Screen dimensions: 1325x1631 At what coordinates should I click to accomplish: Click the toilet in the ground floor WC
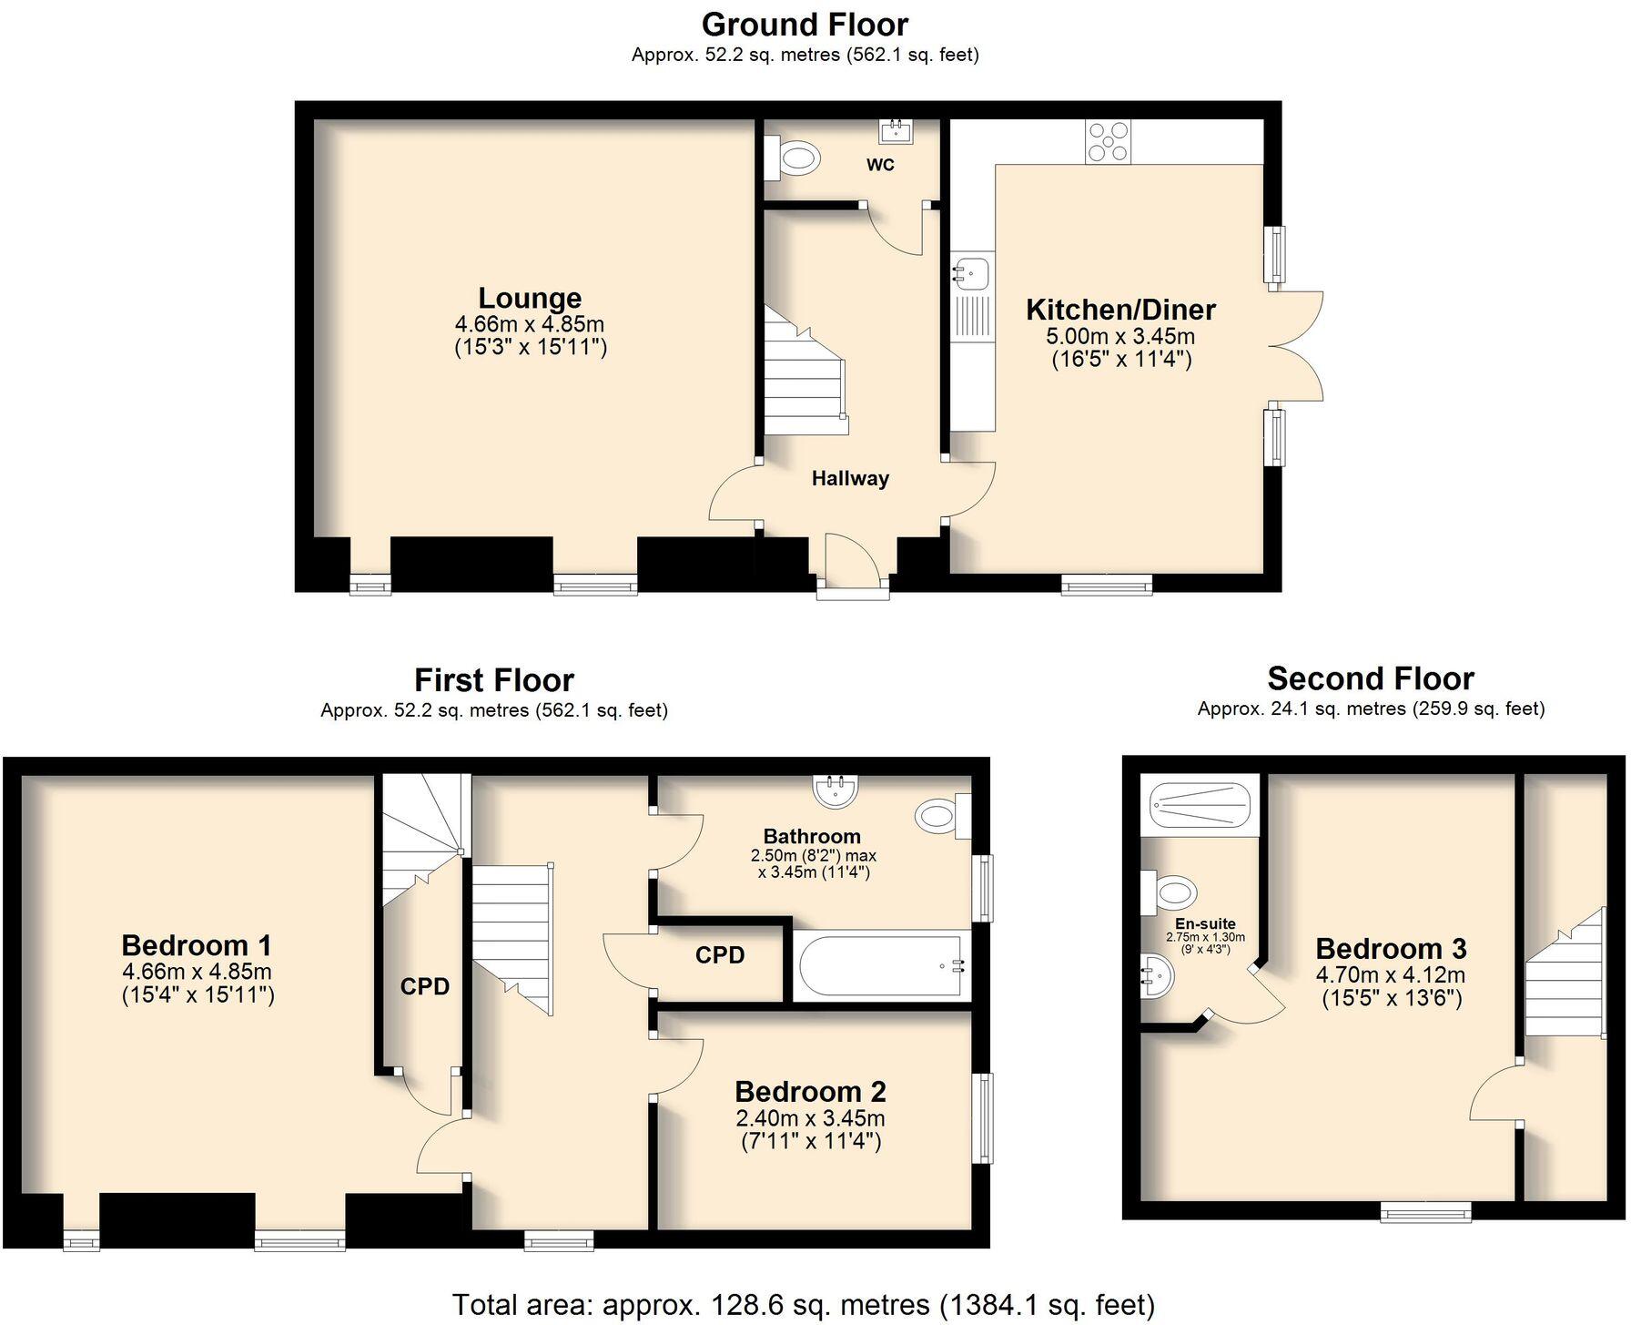click(x=794, y=159)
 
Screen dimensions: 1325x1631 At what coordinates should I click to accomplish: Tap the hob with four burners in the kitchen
click(x=1108, y=142)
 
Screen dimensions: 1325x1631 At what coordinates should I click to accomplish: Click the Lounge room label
click(x=530, y=299)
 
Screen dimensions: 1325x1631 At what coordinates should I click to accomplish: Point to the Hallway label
click(x=850, y=478)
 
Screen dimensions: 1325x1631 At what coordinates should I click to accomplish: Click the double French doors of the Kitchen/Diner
click(x=1297, y=346)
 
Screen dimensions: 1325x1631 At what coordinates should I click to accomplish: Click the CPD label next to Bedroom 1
click(x=425, y=986)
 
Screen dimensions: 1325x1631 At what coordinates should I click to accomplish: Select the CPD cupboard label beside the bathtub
click(x=720, y=954)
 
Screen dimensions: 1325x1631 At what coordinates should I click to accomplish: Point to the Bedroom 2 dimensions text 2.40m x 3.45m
click(x=810, y=1118)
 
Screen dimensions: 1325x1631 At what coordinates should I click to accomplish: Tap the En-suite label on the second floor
click(x=1205, y=923)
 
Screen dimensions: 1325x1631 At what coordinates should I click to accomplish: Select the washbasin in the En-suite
click(x=1158, y=977)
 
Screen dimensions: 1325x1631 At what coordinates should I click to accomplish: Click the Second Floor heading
click(x=1370, y=678)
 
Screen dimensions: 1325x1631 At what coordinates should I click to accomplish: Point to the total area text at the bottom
click(x=803, y=1304)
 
